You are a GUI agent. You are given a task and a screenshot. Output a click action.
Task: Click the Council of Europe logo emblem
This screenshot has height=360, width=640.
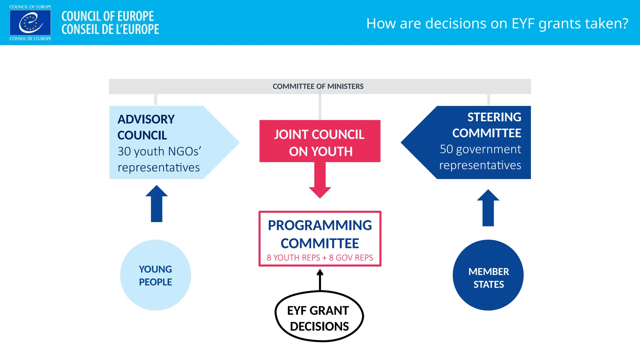pyautogui.click(x=30, y=23)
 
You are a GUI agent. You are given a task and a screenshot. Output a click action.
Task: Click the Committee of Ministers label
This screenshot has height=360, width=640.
pyautogui.click(x=318, y=86)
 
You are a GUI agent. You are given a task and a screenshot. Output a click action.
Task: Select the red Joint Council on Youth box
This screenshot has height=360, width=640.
pyautogui.click(x=320, y=141)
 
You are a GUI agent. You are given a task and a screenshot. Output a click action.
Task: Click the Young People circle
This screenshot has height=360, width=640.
pyautogui.click(x=155, y=275)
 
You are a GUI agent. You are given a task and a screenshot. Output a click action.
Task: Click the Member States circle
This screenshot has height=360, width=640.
pyautogui.click(x=488, y=275)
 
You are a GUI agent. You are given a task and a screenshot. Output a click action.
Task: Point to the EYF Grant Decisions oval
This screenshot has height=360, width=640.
pyautogui.click(x=319, y=316)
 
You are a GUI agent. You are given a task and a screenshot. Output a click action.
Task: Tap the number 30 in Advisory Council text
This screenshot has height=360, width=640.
pyautogui.click(x=124, y=152)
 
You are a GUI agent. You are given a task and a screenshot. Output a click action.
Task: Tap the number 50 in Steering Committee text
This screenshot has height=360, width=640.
pyautogui.click(x=446, y=149)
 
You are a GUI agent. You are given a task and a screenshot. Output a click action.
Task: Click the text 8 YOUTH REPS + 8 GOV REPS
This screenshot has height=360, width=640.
pyautogui.click(x=320, y=257)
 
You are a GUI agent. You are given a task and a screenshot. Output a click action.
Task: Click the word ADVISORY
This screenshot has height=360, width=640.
pyautogui.click(x=146, y=119)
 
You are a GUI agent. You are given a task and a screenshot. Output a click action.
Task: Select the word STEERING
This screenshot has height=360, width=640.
pyautogui.click(x=494, y=117)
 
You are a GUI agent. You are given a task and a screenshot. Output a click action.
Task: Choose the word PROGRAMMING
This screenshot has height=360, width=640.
pyautogui.click(x=320, y=225)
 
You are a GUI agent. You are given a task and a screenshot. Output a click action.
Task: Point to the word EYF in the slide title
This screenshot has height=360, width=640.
pyautogui.click(x=523, y=23)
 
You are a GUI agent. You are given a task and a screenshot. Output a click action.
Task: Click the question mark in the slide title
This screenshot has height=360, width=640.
pyautogui.click(x=625, y=23)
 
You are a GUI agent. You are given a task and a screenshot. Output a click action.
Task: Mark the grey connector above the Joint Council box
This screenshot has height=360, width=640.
pyautogui.click(x=320, y=107)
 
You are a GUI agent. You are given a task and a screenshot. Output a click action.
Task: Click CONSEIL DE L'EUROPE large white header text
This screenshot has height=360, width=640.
pyautogui.click(x=110, y=29)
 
